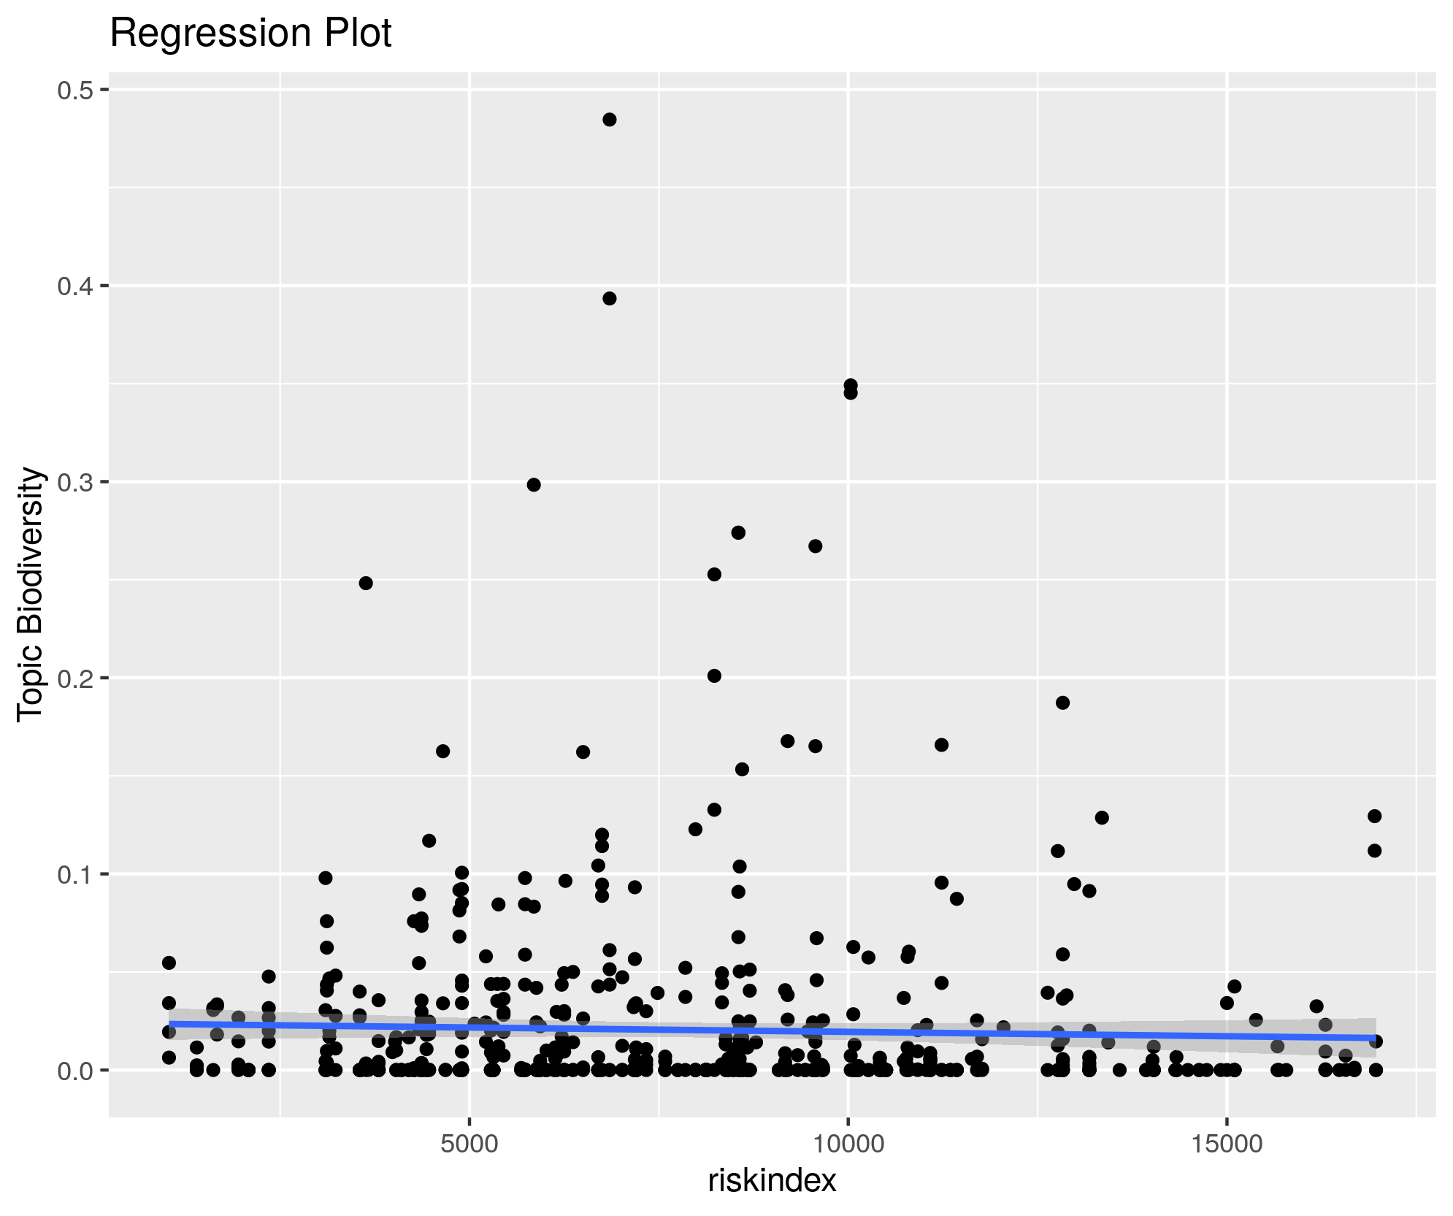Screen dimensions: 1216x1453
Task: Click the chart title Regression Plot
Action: [x=250, y=34]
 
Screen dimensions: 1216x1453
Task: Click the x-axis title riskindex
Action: [x=772, y=1180]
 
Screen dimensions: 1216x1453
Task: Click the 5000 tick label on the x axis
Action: [x=469, y=1144]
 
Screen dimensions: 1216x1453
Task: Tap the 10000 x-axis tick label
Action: [x=848, y=1144]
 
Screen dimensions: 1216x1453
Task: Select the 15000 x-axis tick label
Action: [x=1226, y=1144]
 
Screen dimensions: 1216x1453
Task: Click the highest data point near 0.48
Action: [x=610, y=120]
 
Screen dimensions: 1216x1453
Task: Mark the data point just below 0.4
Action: [x=610, y=298]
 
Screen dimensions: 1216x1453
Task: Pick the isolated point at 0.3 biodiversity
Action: [x=534, y=485]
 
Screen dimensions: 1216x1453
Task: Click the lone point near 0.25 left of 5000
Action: [x=366, y=583]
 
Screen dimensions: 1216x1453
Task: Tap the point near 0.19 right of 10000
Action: [x=1062, y=703]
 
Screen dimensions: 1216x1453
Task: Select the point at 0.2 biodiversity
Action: [x=714, y=676]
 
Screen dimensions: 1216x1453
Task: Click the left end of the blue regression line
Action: [x=170, y=1023]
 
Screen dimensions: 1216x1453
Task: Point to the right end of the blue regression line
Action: [x=1375, y=1038]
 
